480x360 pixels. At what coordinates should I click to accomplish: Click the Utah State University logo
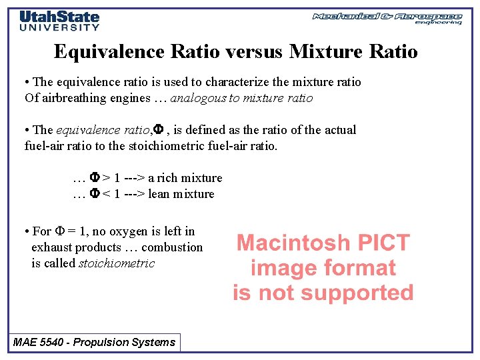(59, 20)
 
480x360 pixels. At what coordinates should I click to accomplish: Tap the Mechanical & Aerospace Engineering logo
(387, 18)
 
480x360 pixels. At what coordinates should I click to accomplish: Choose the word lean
(159, 194)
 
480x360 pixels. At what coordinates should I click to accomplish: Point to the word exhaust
(51, 247)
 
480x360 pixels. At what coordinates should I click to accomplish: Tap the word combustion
(174, 247)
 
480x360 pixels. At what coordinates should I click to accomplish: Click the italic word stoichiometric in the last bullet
(117, 263)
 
